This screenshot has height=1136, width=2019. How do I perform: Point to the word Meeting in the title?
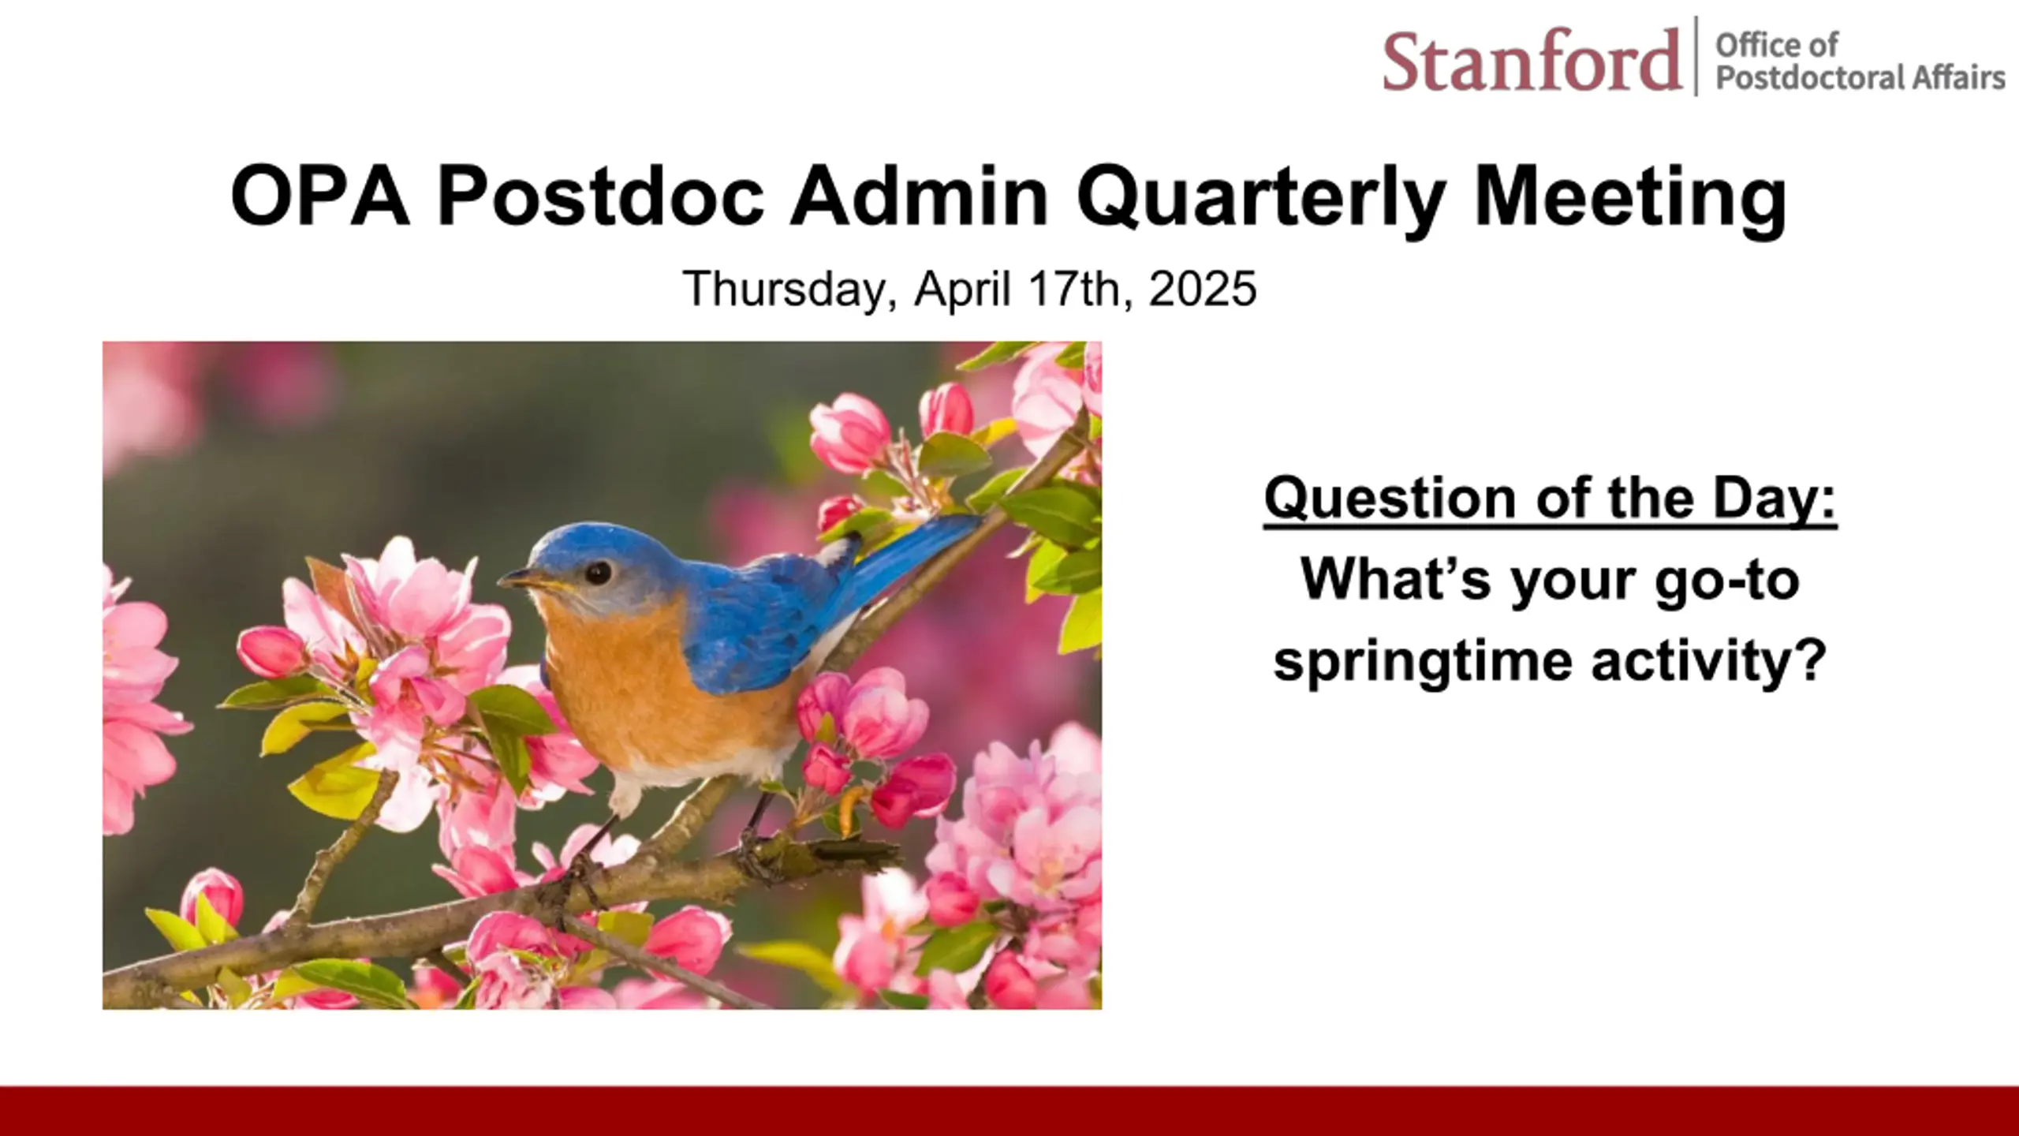(1629, 197)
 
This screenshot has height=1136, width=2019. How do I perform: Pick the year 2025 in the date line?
(1203, 288)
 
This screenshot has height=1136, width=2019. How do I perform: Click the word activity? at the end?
(1709, 662)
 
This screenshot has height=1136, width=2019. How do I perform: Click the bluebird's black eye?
(598, 573)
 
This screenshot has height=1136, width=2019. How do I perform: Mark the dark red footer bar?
(1009, 1111)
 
